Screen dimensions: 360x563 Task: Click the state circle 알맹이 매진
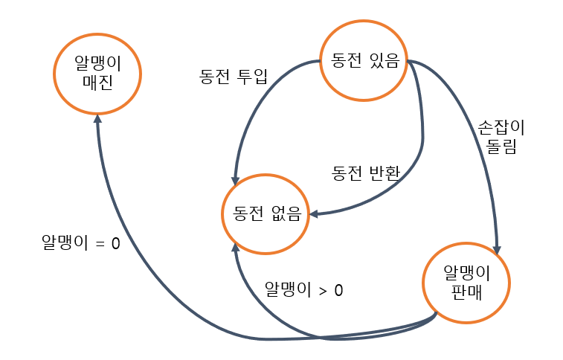tap(97, 71)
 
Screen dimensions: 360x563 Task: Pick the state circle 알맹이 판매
tap(467, 281)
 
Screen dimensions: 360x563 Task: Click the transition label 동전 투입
tap(233, 76)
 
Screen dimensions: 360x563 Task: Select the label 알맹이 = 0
tap(80, 243)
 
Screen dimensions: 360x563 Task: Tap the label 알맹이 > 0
tap(304, 290)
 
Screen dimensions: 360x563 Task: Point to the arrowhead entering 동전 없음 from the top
tap(236, 181)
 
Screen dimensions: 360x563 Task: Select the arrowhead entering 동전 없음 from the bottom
tap(235, 247)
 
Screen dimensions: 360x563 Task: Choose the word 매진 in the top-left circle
tap(97, 81)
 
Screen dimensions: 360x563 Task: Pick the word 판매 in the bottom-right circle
tap(467, 291)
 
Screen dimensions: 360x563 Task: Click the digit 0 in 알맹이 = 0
tap(115, 243)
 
